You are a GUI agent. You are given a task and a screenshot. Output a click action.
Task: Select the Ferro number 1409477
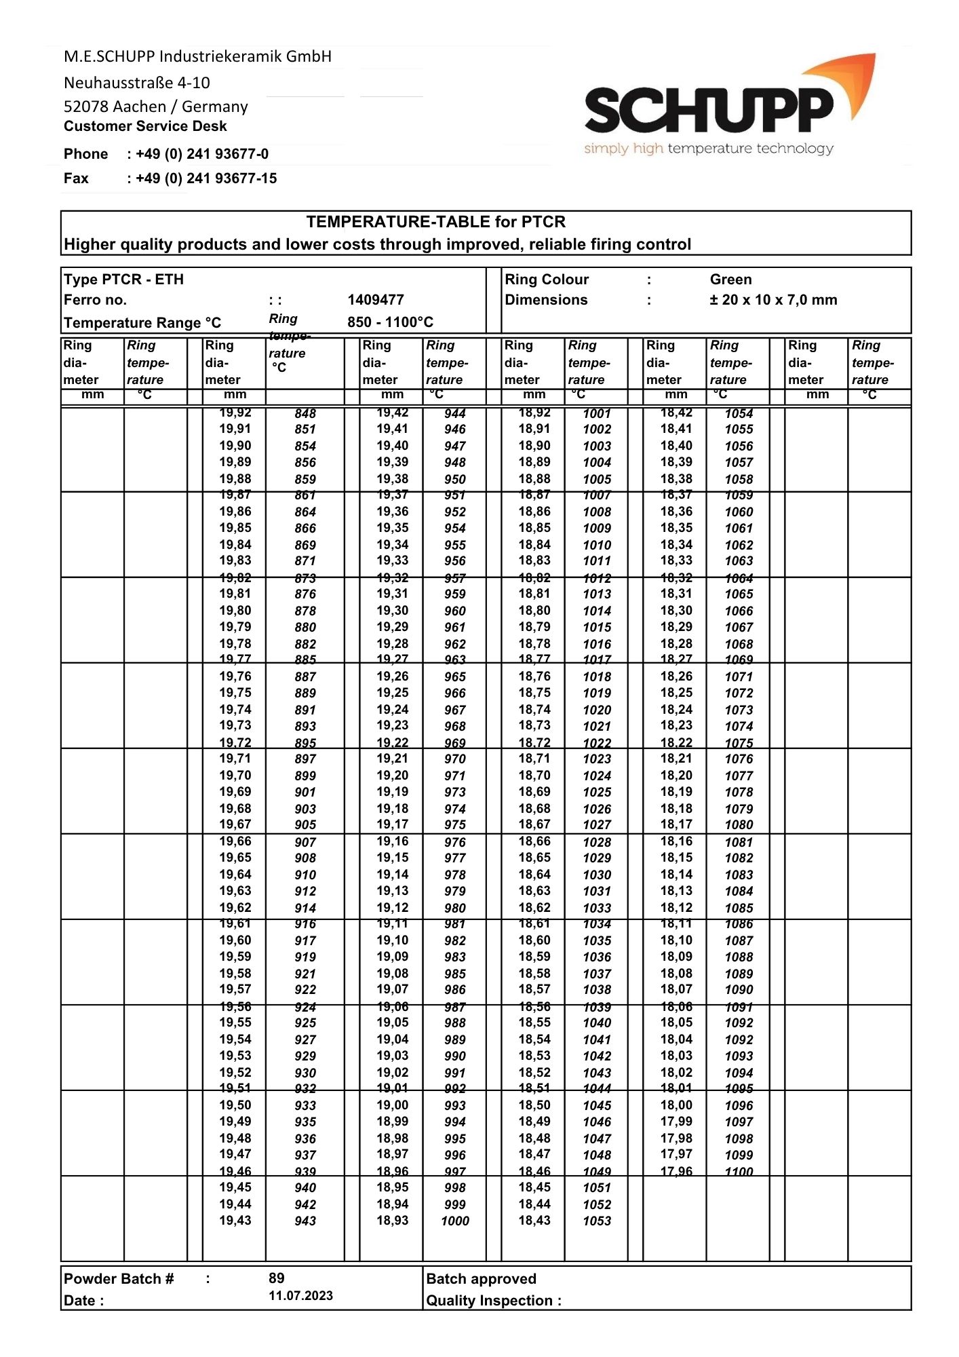click(x=375, y=300)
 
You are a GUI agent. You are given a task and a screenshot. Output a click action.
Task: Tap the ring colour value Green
click(x=730, y=280)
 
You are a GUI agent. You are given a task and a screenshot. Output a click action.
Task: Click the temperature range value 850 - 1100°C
click(x=390, y=322)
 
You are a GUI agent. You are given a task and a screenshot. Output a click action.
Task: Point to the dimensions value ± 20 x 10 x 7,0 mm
click(x=773, y=300)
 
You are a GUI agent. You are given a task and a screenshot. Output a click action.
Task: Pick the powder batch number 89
click(x=276, y=1278)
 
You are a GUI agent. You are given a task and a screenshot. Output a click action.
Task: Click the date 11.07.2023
click(x=300, y=1295)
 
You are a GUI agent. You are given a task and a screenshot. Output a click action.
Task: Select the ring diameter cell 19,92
click(x=235, y=413)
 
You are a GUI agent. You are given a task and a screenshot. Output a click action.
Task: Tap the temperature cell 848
click(x=305, y=413)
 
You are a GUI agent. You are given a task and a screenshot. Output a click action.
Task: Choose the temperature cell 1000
click(x=454, y=1221)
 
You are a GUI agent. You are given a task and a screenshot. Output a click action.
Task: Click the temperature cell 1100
click(x=739, y=1171)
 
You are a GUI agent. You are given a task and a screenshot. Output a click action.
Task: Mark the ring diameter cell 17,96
click(x=676, y=1171)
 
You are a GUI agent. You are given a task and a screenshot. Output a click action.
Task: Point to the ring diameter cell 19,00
click(x=393, y=1105)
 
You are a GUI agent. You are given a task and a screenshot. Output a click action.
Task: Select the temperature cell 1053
click(x=597, y=1221)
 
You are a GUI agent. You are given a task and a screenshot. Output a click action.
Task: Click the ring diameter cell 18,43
click(x=534, y=1220)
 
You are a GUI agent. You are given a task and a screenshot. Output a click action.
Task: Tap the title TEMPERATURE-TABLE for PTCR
click(x=435, y=222)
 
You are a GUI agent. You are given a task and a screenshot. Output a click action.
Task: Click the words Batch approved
click(x=481, y=1279)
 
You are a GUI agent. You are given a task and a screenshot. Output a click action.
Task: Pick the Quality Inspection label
click(x=493, y=1301)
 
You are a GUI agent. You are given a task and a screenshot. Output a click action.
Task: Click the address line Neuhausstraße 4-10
click(x=136, y=83)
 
